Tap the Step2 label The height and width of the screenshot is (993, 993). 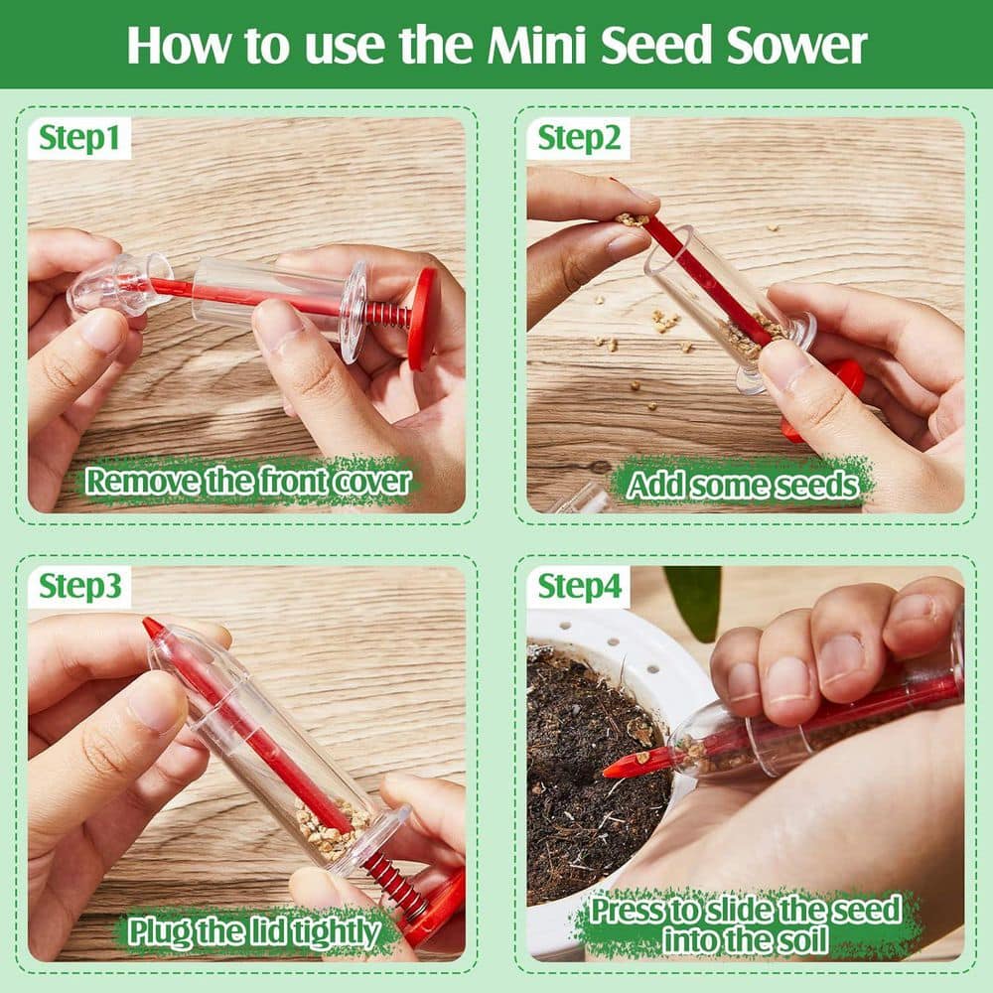coord(579,139)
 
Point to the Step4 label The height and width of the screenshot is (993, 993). coord(580,588)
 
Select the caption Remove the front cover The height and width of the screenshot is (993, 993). coord(247,482)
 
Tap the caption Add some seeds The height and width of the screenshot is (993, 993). coord(742,486)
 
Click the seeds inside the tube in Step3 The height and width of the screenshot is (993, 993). coord(328,829)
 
